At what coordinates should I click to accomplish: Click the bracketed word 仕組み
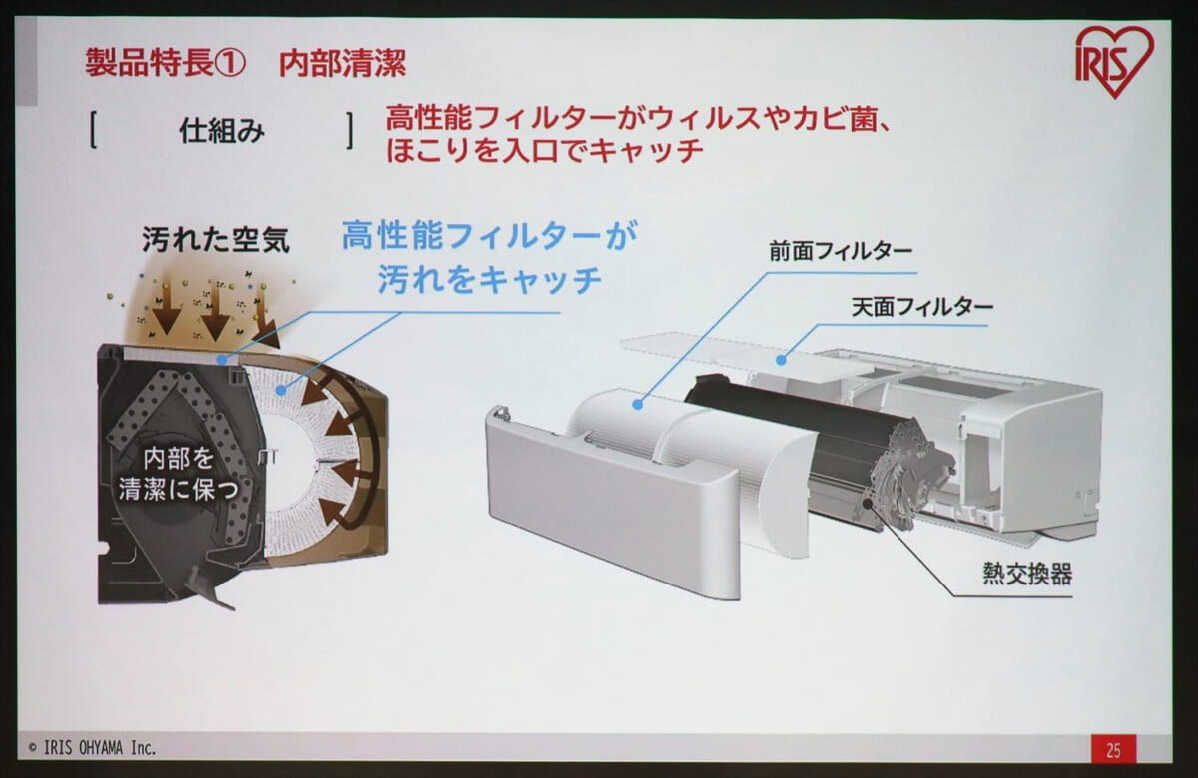222,132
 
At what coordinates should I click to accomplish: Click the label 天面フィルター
921,306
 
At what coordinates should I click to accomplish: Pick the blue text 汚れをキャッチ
489,281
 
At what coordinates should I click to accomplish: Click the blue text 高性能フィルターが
489,237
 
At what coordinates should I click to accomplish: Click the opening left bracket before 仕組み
92,132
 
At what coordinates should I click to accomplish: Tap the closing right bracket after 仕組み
350,132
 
